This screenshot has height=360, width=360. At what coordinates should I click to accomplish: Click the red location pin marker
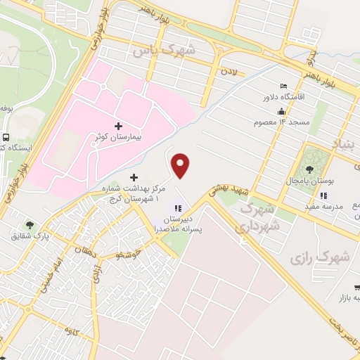181,165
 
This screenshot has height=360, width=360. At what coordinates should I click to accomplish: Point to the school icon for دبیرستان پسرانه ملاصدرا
178,208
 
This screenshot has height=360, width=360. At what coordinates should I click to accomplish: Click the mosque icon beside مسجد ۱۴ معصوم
281,111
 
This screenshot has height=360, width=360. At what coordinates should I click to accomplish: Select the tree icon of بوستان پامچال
309,169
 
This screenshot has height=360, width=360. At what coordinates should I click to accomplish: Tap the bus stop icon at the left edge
6,138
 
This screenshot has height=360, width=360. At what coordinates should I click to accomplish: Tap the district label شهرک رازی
319,258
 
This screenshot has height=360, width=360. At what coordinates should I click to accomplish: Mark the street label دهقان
91,250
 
